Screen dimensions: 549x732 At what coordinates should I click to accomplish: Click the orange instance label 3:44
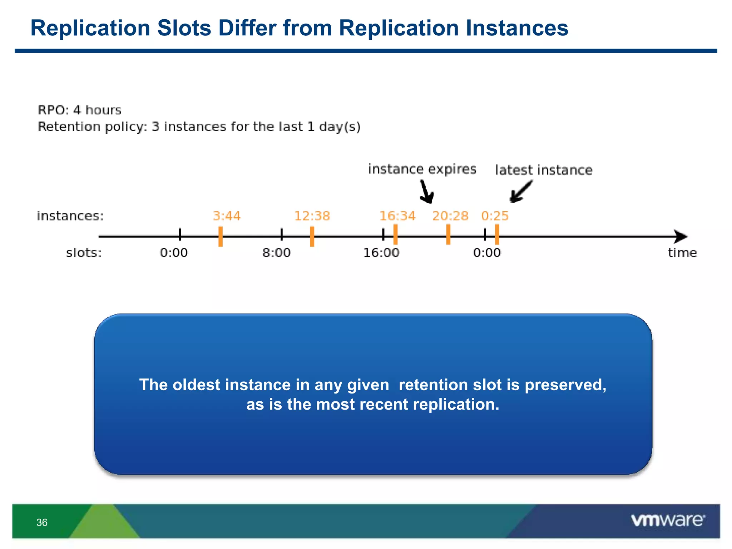click(227, 216)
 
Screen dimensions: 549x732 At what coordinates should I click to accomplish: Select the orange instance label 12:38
click(312, 216)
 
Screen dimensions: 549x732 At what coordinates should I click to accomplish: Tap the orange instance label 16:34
click(397, 216)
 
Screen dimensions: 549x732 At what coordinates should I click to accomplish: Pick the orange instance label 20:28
click(450, 216)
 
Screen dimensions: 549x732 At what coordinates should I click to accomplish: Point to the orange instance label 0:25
click(495, 216)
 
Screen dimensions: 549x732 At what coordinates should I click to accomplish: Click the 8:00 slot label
click(276, 253)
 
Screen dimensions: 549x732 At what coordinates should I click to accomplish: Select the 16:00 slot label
click(381, 253)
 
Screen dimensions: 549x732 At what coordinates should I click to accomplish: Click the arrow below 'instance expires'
click(426, 192)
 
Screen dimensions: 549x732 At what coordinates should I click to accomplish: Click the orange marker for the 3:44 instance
click(221, 236)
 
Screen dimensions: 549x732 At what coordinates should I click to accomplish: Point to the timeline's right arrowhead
click(681, 236)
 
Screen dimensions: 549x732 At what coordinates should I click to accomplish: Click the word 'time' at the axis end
click(682, 253)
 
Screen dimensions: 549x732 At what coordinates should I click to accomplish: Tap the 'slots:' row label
click(84, 253)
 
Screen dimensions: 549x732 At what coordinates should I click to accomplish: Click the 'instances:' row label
click(70, 216)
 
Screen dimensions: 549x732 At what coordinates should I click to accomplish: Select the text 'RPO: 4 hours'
click(79, 110)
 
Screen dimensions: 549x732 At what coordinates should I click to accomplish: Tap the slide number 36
click(42, 523)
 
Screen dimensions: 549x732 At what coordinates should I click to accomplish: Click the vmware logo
click(668, 520)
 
